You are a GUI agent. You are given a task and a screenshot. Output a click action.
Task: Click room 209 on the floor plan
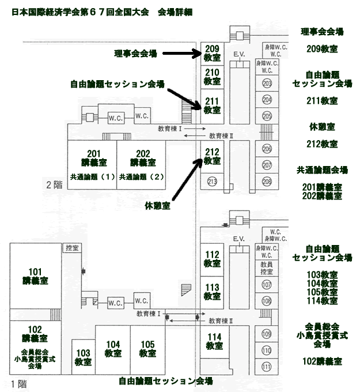(x=212, y=54)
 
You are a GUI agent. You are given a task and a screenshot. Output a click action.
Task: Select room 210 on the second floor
(x=212, y=77)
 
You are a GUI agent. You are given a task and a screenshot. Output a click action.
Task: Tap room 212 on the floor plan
(x=212, y=157)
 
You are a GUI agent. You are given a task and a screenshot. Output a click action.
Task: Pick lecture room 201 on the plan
(x=93, y=157)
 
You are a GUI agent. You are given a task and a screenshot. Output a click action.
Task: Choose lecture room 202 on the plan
(x=143, y=157)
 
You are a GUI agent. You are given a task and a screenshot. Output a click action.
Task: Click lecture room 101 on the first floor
(x=36, y=276)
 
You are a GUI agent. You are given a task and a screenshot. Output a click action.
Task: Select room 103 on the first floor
(x=83, y=357)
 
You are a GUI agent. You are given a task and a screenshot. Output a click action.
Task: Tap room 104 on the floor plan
(x=113, y=349)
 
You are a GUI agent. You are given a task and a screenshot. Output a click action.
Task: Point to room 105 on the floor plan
(x=147, y=349)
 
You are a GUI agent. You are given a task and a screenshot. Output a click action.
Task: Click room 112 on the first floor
(x=212, y=259)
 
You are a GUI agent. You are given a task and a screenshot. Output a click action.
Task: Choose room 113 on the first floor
(x=212, y=292)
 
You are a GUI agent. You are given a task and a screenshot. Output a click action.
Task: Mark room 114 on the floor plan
(x=214, y=341)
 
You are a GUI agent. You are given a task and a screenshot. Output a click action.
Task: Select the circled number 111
(x=267, y=367)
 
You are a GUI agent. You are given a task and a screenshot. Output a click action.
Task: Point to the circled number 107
(x=267, y=285)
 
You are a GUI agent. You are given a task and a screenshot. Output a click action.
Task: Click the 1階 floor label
(x=18, y=383)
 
